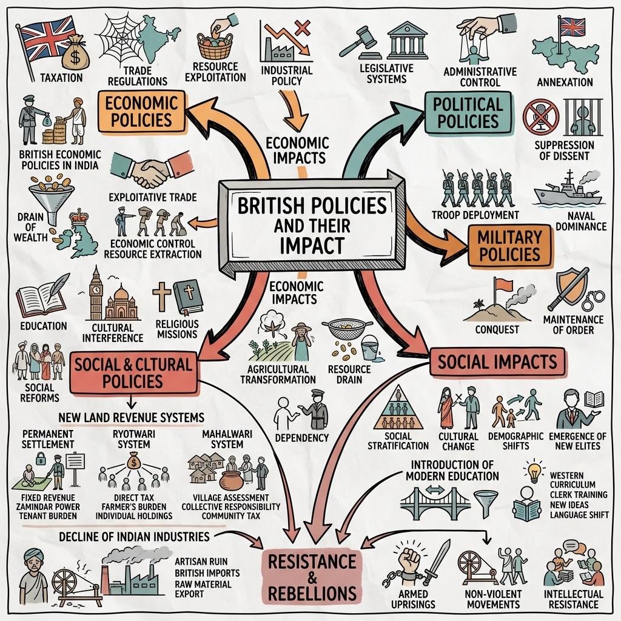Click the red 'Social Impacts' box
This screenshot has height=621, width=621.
(497, 362)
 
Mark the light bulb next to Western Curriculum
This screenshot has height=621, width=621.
(534, 471)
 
